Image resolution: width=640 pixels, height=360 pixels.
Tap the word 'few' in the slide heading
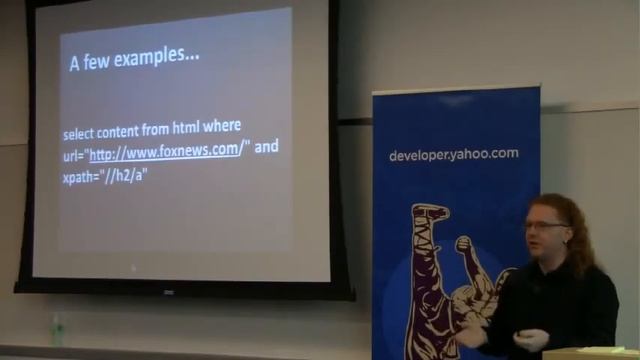tap(100, 60)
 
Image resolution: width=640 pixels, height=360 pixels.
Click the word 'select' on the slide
tap(80, 133)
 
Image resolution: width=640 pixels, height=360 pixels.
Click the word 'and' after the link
tap(266, 147)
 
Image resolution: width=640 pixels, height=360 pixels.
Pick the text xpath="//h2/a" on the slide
tap(105, 175)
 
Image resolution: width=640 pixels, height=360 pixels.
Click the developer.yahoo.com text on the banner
tap(453, 155)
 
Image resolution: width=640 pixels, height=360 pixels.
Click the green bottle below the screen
tap(57, 330)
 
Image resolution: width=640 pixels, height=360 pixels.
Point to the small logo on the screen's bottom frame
tap(169, 292)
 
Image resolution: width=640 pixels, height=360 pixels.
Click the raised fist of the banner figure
tap(463, 244)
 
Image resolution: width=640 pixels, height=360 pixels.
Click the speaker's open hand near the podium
tap(531, 340)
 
